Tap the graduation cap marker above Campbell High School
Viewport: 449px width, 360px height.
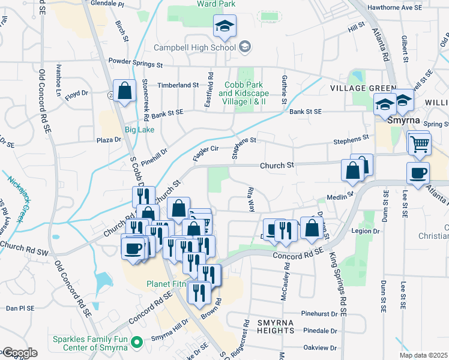pos(225,26)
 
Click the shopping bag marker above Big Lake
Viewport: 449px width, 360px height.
pos(124,92)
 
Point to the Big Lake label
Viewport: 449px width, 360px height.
pos(139,130)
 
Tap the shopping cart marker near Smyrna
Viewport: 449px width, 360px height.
pos(420,144)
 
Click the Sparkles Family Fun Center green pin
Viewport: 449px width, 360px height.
pos(136,343)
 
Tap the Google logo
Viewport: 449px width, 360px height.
pos(19,353)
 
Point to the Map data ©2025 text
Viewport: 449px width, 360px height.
pos(423,355)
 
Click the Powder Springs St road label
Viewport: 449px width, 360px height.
pos(136,62)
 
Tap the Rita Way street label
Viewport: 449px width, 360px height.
pos(251,199)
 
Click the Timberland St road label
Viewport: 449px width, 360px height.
pos(178,85)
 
